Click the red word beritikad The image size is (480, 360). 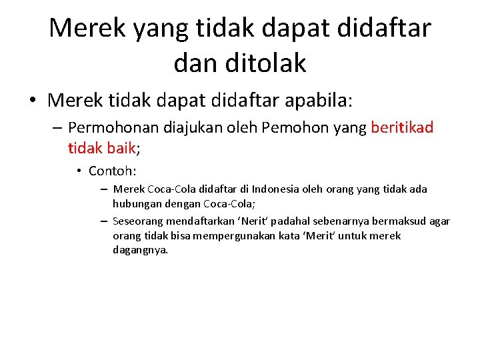(402, 127)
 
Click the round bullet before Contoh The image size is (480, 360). (78, 171)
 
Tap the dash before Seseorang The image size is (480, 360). (105, 221)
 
